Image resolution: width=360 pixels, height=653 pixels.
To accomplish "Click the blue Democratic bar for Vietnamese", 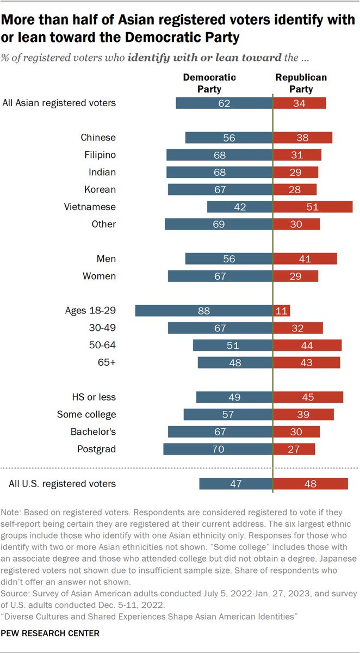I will pos(239,207).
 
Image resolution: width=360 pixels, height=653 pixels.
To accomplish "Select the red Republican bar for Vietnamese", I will pos(313,207).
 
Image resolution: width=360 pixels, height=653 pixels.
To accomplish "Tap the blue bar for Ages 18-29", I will pos(203,311).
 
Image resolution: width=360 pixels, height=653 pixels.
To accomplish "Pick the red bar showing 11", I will pos(282,311).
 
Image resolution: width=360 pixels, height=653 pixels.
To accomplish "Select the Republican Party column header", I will pos(301,83).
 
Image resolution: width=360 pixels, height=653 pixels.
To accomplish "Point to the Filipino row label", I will pos(98,155).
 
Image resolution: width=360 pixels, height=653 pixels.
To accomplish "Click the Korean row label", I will pos(101,190).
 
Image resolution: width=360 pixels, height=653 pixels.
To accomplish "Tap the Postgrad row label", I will pos(96,449).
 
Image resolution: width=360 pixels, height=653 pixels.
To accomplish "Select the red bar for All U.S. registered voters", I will pos(311,484).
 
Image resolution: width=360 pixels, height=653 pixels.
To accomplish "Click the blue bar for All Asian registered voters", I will pos(224,103).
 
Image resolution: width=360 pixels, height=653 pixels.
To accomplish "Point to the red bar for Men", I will pos(305,259).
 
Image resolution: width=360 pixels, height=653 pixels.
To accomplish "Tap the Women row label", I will pos(99,276).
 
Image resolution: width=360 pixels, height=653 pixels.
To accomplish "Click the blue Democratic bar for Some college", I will pos(228,415).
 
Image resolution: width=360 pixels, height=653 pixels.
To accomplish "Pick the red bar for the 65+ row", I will pos(307,362).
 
